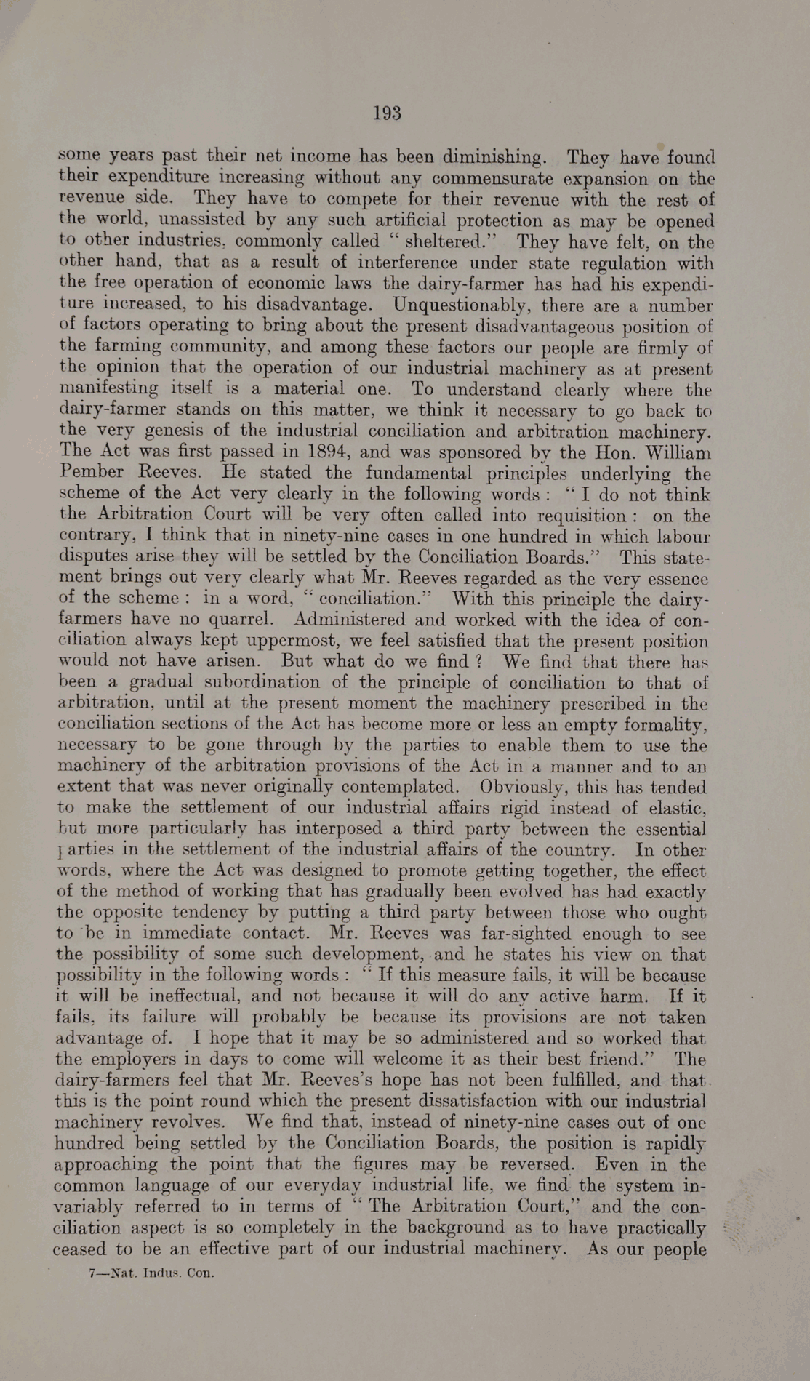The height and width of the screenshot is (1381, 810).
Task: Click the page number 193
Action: click(x=387, y=113)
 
